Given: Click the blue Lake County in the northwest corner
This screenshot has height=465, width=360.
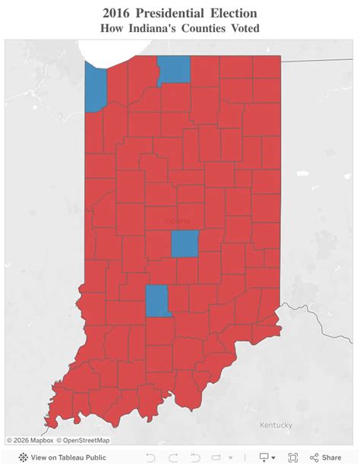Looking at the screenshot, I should pos(96,87).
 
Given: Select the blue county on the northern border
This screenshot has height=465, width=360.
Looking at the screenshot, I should pos(174,69).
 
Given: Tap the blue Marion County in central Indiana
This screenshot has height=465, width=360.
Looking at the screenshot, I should pos(185,244).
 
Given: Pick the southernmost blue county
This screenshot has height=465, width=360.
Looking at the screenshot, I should pos(157,300).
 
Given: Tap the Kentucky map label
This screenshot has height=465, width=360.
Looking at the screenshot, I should pos(275,425).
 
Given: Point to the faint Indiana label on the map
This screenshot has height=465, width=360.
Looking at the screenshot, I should pos(178,221).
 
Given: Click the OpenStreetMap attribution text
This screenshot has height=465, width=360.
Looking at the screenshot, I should pos(85,440).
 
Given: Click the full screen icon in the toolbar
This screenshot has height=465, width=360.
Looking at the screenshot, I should pos(293,457).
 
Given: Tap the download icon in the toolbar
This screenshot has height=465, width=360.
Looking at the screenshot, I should pos(266,457).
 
